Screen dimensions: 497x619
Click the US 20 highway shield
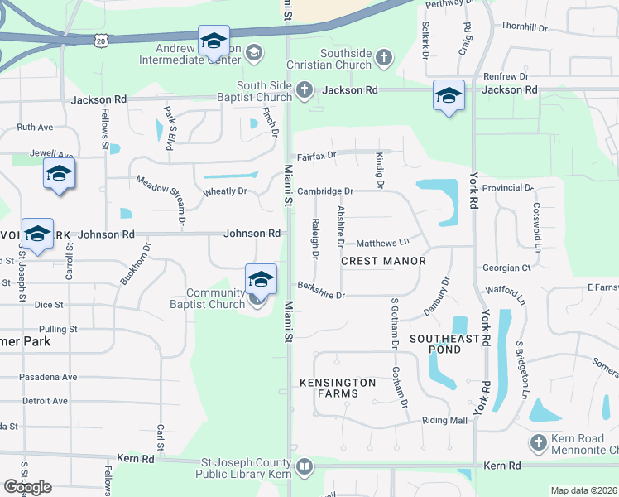(x=100, y=40)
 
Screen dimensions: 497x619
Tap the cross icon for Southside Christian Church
(x=382, y=57)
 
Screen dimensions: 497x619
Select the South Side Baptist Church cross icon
(x=304, y=89)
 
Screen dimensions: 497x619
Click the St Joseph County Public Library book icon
(x=305, y=468)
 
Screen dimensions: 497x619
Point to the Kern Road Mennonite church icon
(x=539, y=443)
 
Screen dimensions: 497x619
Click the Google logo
(x=27, y=487)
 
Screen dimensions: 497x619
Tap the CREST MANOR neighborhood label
(x=383, y=261)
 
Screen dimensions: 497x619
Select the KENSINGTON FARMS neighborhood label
(x=338, y=388)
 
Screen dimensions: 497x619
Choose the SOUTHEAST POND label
(x=444, y=345)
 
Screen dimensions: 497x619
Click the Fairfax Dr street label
(x=317, y=155)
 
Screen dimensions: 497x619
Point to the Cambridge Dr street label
(x=325, y=191)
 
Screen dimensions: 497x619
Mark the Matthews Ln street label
(x=382, y=243)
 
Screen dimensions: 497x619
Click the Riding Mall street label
(x=445, y=421)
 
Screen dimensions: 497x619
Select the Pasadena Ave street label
(x=50, y=377)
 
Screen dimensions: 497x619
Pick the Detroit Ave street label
(x=45, y=401)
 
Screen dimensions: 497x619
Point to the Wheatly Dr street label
(x=225, y=191)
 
